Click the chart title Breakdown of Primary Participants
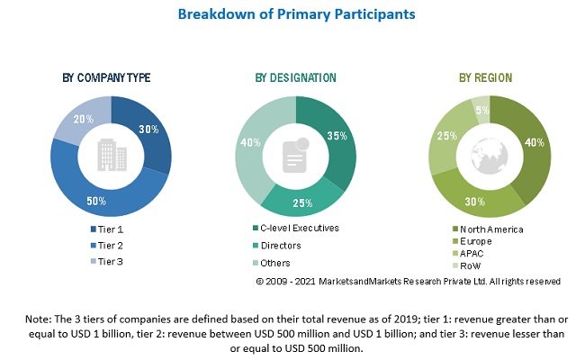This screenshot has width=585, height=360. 292,13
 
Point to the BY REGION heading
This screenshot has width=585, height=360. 490,77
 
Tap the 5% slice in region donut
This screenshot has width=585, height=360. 482,109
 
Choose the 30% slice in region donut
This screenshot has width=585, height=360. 467,197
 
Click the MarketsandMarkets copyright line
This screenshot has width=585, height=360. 408,282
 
